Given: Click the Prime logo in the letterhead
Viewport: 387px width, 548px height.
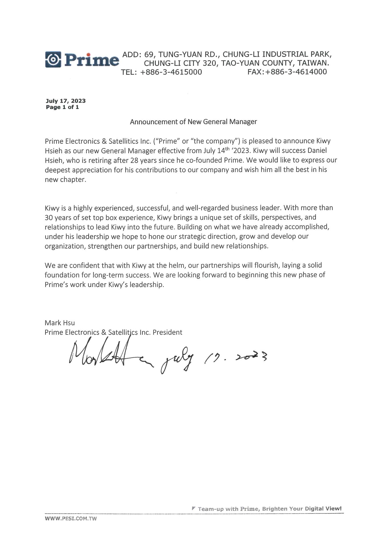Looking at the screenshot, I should point(82,60).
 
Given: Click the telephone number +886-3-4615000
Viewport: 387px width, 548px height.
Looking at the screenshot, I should point(171,72).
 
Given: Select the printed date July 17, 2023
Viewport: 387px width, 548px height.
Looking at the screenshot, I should point(66,101).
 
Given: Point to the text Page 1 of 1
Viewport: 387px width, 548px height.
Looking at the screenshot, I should point(62,107).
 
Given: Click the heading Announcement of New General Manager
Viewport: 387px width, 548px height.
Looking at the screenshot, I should point(193,122).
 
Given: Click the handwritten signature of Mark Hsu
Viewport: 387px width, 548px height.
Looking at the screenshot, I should point(111,354).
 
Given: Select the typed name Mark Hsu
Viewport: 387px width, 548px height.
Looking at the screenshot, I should point(60,323).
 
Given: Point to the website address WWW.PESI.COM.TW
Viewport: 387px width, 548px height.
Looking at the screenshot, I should point(71,519).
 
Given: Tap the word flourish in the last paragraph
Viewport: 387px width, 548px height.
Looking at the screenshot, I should point(268,265).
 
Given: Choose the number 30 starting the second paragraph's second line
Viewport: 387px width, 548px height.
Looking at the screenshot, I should point(49,217).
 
